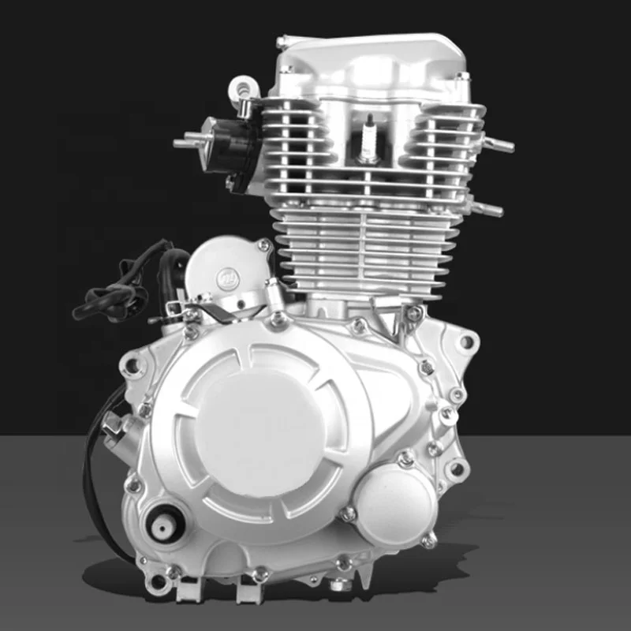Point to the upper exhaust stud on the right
tap(498, 144)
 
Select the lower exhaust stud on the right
tap(489, 209)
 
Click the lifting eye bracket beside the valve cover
tap(242, 89)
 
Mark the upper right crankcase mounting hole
tap(467, 342)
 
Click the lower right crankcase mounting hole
tap(456, 470)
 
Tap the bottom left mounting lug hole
tap(160, 583)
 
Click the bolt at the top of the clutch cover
tap(277, 319)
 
